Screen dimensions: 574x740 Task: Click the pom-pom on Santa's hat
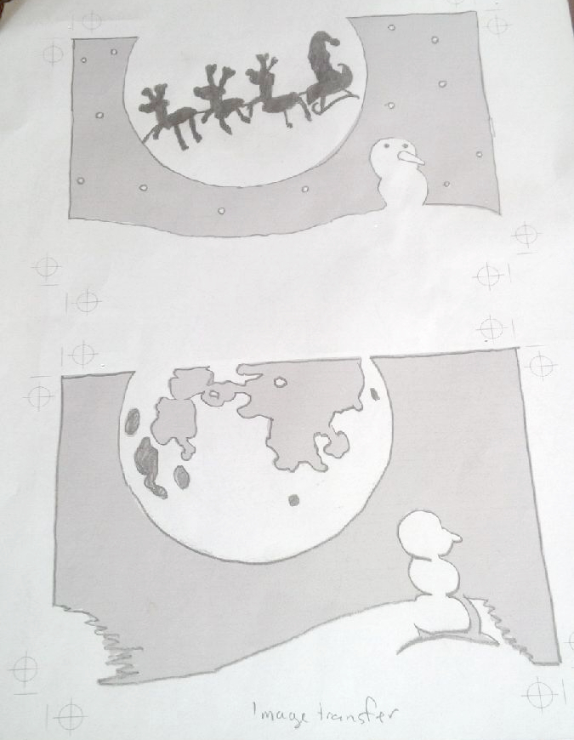point(334,41)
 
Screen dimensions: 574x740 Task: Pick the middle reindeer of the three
point(221,100)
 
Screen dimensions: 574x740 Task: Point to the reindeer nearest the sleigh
point(278,94)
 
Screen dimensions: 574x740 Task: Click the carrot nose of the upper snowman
point(412,158)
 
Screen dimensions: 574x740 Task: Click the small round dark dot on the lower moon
point(294,500)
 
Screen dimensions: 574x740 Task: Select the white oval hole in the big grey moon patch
point(281,382)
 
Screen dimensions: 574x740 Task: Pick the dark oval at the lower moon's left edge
point(133,421)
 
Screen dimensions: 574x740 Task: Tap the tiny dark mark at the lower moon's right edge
point(374,394)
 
